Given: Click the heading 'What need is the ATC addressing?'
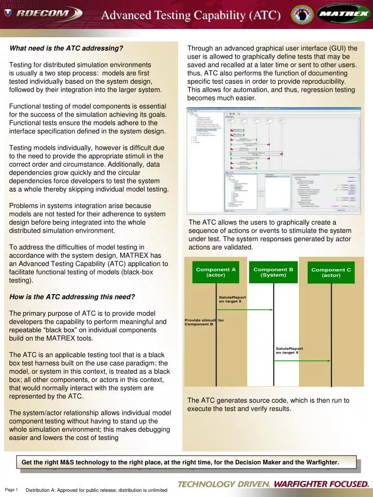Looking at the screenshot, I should click(66, 49).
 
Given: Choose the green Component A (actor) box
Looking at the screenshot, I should click(216, 272).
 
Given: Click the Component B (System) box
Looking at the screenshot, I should click(273, 272).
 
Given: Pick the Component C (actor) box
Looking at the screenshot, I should click(331, 272).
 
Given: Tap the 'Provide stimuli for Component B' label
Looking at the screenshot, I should click(204, 322).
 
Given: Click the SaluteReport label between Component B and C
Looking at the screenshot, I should click(289, 350).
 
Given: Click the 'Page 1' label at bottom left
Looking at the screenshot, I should click(11, 490).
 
